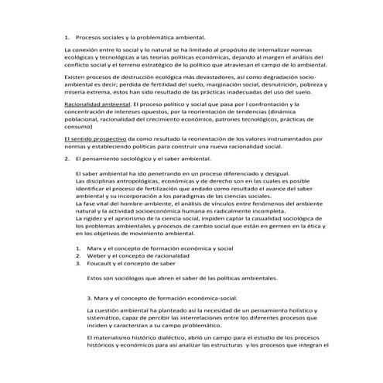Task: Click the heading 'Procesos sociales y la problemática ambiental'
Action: pos(140,36)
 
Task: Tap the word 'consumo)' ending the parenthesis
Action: pos(78,124)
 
